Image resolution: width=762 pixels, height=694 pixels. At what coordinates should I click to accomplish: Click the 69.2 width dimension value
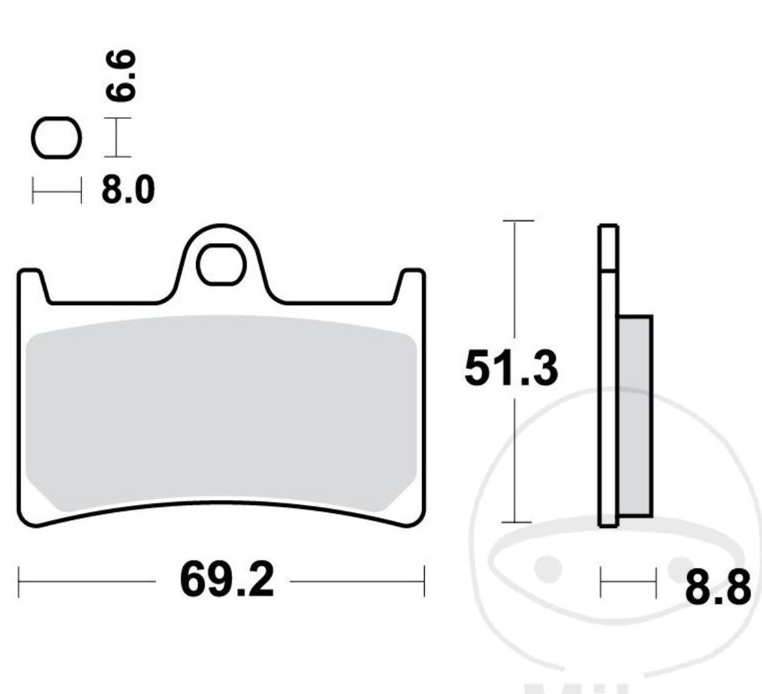pyautogui.click(x=226, y=581)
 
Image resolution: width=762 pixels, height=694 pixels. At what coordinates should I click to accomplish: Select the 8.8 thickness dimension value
pyautogui.click(x=718, y=589)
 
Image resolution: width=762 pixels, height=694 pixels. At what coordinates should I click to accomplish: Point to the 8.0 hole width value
pyautogui.click(x=128, y=190)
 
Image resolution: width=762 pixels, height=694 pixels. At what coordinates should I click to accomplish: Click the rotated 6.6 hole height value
pyautogui.click(x=124, y=76)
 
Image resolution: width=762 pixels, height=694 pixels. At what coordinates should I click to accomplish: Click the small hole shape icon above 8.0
pyautogui.click(x=56, y=138)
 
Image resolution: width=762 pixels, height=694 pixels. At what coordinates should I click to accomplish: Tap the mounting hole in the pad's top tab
pyautogui.click(x=221, y=268)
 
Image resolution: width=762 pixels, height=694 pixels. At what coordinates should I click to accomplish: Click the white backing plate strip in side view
pyautogui.click(x=608, y=396)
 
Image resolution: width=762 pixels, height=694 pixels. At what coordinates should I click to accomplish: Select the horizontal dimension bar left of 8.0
pyautogui.click(x=57, y=191)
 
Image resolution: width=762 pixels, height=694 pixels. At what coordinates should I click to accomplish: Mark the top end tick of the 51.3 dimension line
pyautogui.click(x=518, y=221)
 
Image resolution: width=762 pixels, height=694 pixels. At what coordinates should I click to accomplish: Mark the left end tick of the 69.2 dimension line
pyautogui.click(x=18, y=581)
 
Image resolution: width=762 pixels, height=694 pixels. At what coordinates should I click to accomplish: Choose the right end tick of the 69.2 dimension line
pyautogui.click(x=424, y=581)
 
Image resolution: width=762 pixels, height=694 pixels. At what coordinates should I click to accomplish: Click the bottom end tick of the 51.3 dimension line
pyautogui.click(x=518, y=523)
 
